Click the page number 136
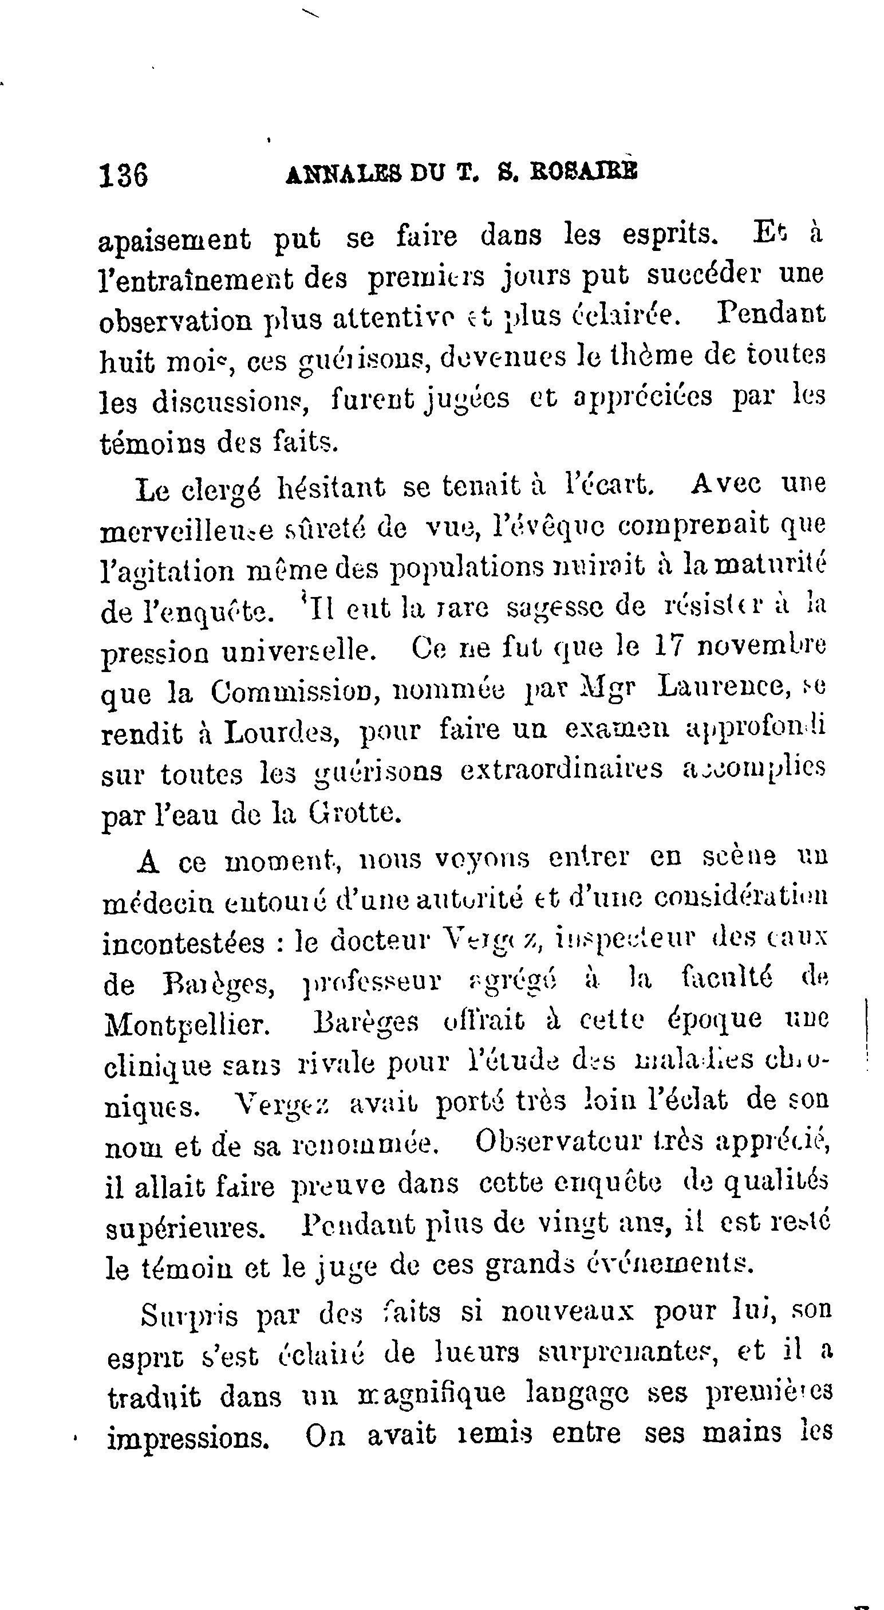tap(124, 175)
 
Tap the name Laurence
tap(721, 688)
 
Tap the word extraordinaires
tap(562, 771)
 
